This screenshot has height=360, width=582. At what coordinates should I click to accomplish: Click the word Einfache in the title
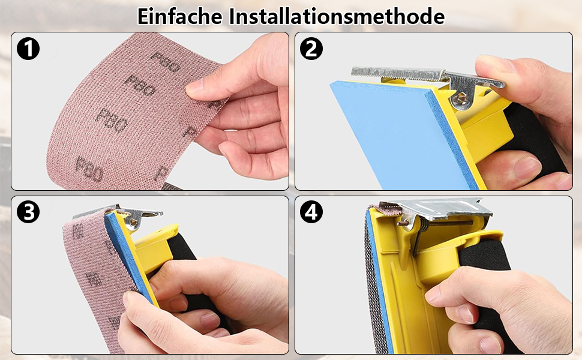pyautogui.click(x=180, y=16)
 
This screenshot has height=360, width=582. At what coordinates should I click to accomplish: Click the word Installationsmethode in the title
pyautogui.click(x=337, y=16)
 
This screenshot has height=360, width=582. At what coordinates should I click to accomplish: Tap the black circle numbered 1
pyautogui.click(x=28, y=49)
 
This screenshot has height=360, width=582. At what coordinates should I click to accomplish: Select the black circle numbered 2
pyautogui.click(x=311, y=49)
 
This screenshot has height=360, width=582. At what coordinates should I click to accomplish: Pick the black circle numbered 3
pyautogui.click(x=28, y=212)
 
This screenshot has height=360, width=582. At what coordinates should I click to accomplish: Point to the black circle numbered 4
pyautogui.click(x=311, y=212)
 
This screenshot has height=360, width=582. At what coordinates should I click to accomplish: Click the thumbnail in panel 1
pyautogui.click(x=195, y=86)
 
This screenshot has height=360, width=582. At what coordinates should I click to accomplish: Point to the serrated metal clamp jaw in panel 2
pyautogui.click(x=397, y=74)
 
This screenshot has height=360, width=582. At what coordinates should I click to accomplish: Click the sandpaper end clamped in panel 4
pyautogui.click(x=386, y=209)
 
